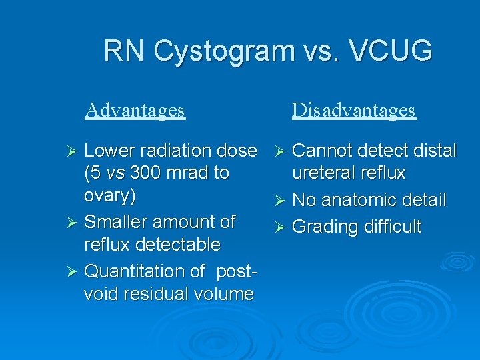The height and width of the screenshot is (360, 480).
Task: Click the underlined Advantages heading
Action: tap(135, 109)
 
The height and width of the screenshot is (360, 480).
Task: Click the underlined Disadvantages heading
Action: tap(353, 109)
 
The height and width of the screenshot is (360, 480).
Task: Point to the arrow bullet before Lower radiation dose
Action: tap(74, 151)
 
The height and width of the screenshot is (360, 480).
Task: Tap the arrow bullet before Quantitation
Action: tap(74, 272)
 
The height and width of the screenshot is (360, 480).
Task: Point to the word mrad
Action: tap(191, 173)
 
